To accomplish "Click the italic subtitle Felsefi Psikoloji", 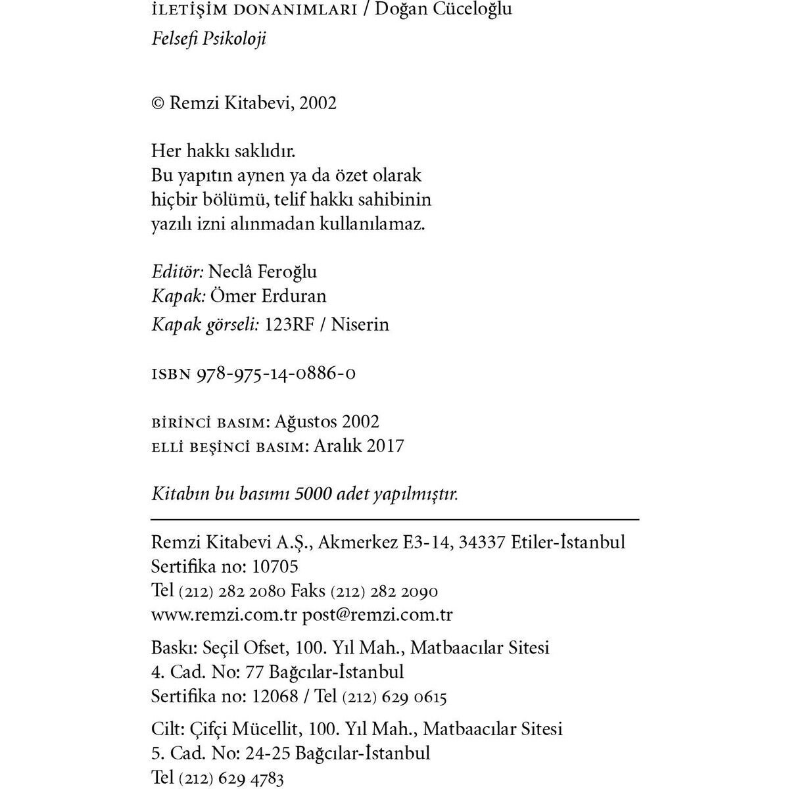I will [x=208, y=38].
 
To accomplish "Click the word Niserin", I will [x=360, y=324].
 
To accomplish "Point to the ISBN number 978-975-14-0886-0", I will [x=277, y=373].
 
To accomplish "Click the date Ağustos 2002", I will [x=327, y=421].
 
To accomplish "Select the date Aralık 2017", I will [x=358, y=446].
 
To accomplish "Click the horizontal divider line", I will [x=394, y=519].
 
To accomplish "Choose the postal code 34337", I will [x=482, y=542].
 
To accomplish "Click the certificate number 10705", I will [x=275, y=566].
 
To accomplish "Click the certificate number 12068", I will [x=275, y=696].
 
